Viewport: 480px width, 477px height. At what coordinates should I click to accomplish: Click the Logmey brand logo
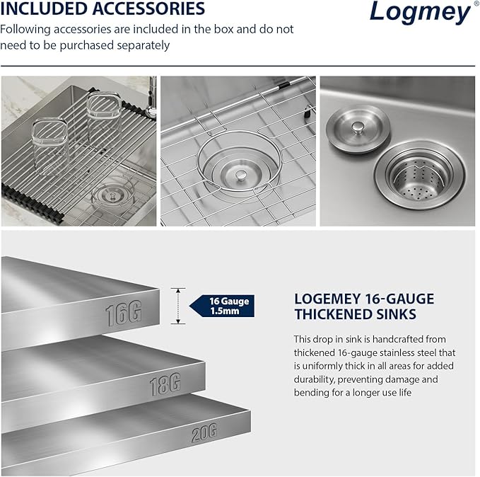pos(418,13)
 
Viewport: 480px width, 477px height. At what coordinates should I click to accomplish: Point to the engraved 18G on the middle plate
pos(165,385)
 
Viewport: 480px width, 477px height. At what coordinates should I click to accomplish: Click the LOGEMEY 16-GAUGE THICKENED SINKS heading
pos(364,306)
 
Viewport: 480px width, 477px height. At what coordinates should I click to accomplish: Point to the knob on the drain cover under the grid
pos(240,173)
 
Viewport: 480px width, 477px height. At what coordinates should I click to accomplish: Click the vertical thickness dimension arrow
pos(178,306)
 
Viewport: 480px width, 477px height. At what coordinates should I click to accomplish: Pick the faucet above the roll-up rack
pos(150,96)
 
